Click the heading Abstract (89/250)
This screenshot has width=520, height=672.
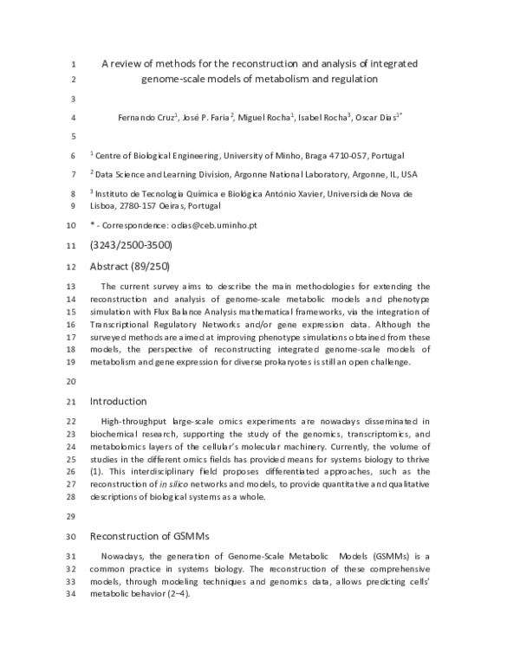coord(130,266)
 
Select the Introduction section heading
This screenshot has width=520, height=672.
coord(119,401)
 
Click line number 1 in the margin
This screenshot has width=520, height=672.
coord(74,64)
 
